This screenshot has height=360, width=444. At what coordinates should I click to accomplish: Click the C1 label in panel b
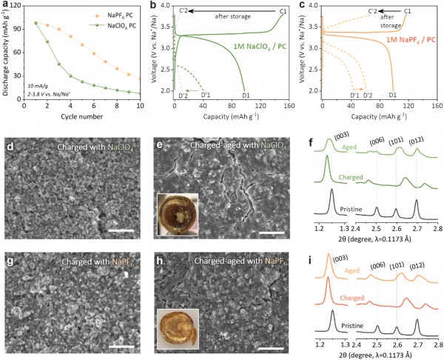point(283,11)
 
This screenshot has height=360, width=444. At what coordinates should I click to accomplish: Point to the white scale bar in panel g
point(121,345)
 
